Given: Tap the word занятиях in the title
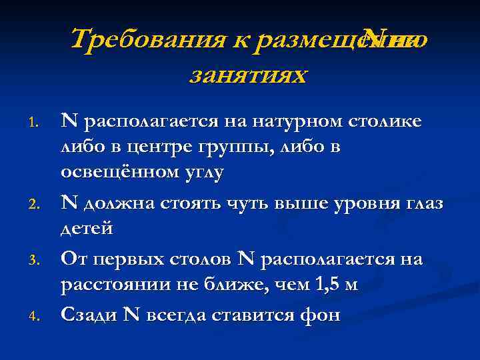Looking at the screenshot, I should (248, 75).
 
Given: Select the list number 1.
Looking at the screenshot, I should (37, 123).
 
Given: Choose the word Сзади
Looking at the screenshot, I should (87, 314).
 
